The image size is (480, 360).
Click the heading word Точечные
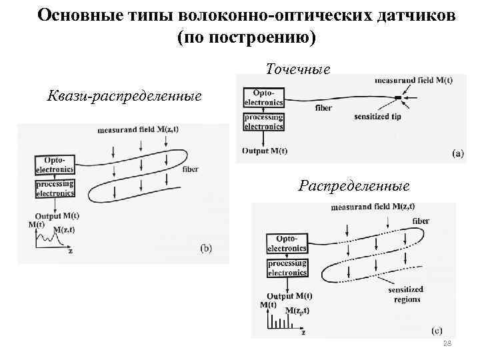pos(297,69)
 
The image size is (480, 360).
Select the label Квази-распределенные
pos(125,96)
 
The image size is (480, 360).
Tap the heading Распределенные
pos(354,184)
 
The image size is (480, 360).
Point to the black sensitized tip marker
pos(398,99)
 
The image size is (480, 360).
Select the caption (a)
pos(458,153)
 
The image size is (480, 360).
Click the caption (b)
pos(207,248)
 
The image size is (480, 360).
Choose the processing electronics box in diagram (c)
pos(287,268)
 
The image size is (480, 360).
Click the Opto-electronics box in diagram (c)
pos(287,243)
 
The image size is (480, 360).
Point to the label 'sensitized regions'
pos(407,295)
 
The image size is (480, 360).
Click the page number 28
pos(447,343)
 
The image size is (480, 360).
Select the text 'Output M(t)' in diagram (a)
pos(265,151)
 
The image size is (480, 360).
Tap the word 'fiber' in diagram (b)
pos(190,169)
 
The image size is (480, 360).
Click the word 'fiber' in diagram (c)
pos(421,221)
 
